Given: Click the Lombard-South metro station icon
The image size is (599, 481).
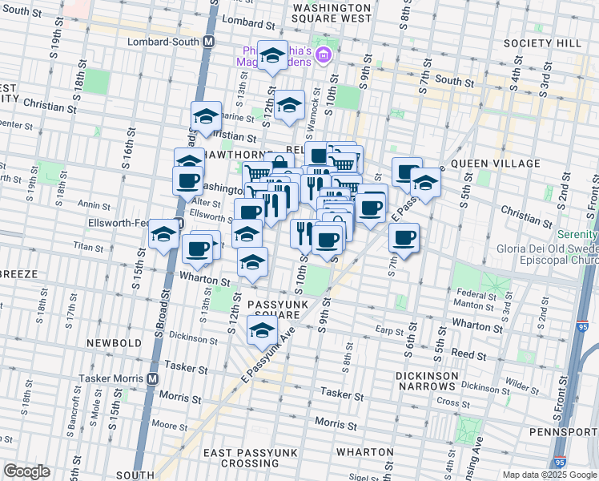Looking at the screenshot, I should click(x=208, y=41).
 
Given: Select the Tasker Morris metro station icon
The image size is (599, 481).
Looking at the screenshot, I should click(x=152, y=378).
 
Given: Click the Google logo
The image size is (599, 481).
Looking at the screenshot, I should click(x=26, y=471).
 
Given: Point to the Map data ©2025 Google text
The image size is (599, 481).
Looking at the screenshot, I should click(x=549, y=475).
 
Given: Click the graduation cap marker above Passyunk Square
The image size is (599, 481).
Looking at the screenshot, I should click(x=252, y=262).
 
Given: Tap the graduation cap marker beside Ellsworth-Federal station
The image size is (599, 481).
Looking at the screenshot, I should click(x=164, y=235).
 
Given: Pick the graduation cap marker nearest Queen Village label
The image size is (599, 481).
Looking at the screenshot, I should click(x=426, y=183).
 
